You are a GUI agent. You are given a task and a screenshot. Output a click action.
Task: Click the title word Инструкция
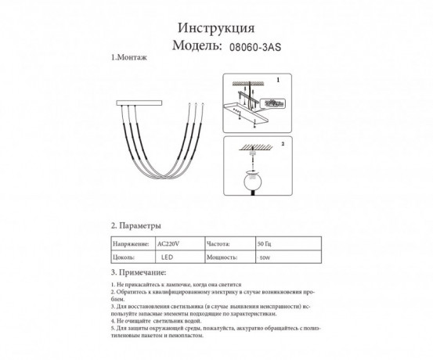(x=217, y=27)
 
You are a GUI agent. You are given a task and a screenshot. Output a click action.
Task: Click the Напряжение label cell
(x=131, y=243)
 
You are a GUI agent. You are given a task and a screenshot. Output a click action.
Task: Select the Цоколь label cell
(x=125, y=256)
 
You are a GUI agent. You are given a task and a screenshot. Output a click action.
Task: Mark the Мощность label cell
(x=224, y=256)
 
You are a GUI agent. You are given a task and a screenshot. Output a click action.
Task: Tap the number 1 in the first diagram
(x=276, y=80)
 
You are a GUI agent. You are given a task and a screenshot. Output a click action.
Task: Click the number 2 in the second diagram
(x=282, y=145)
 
